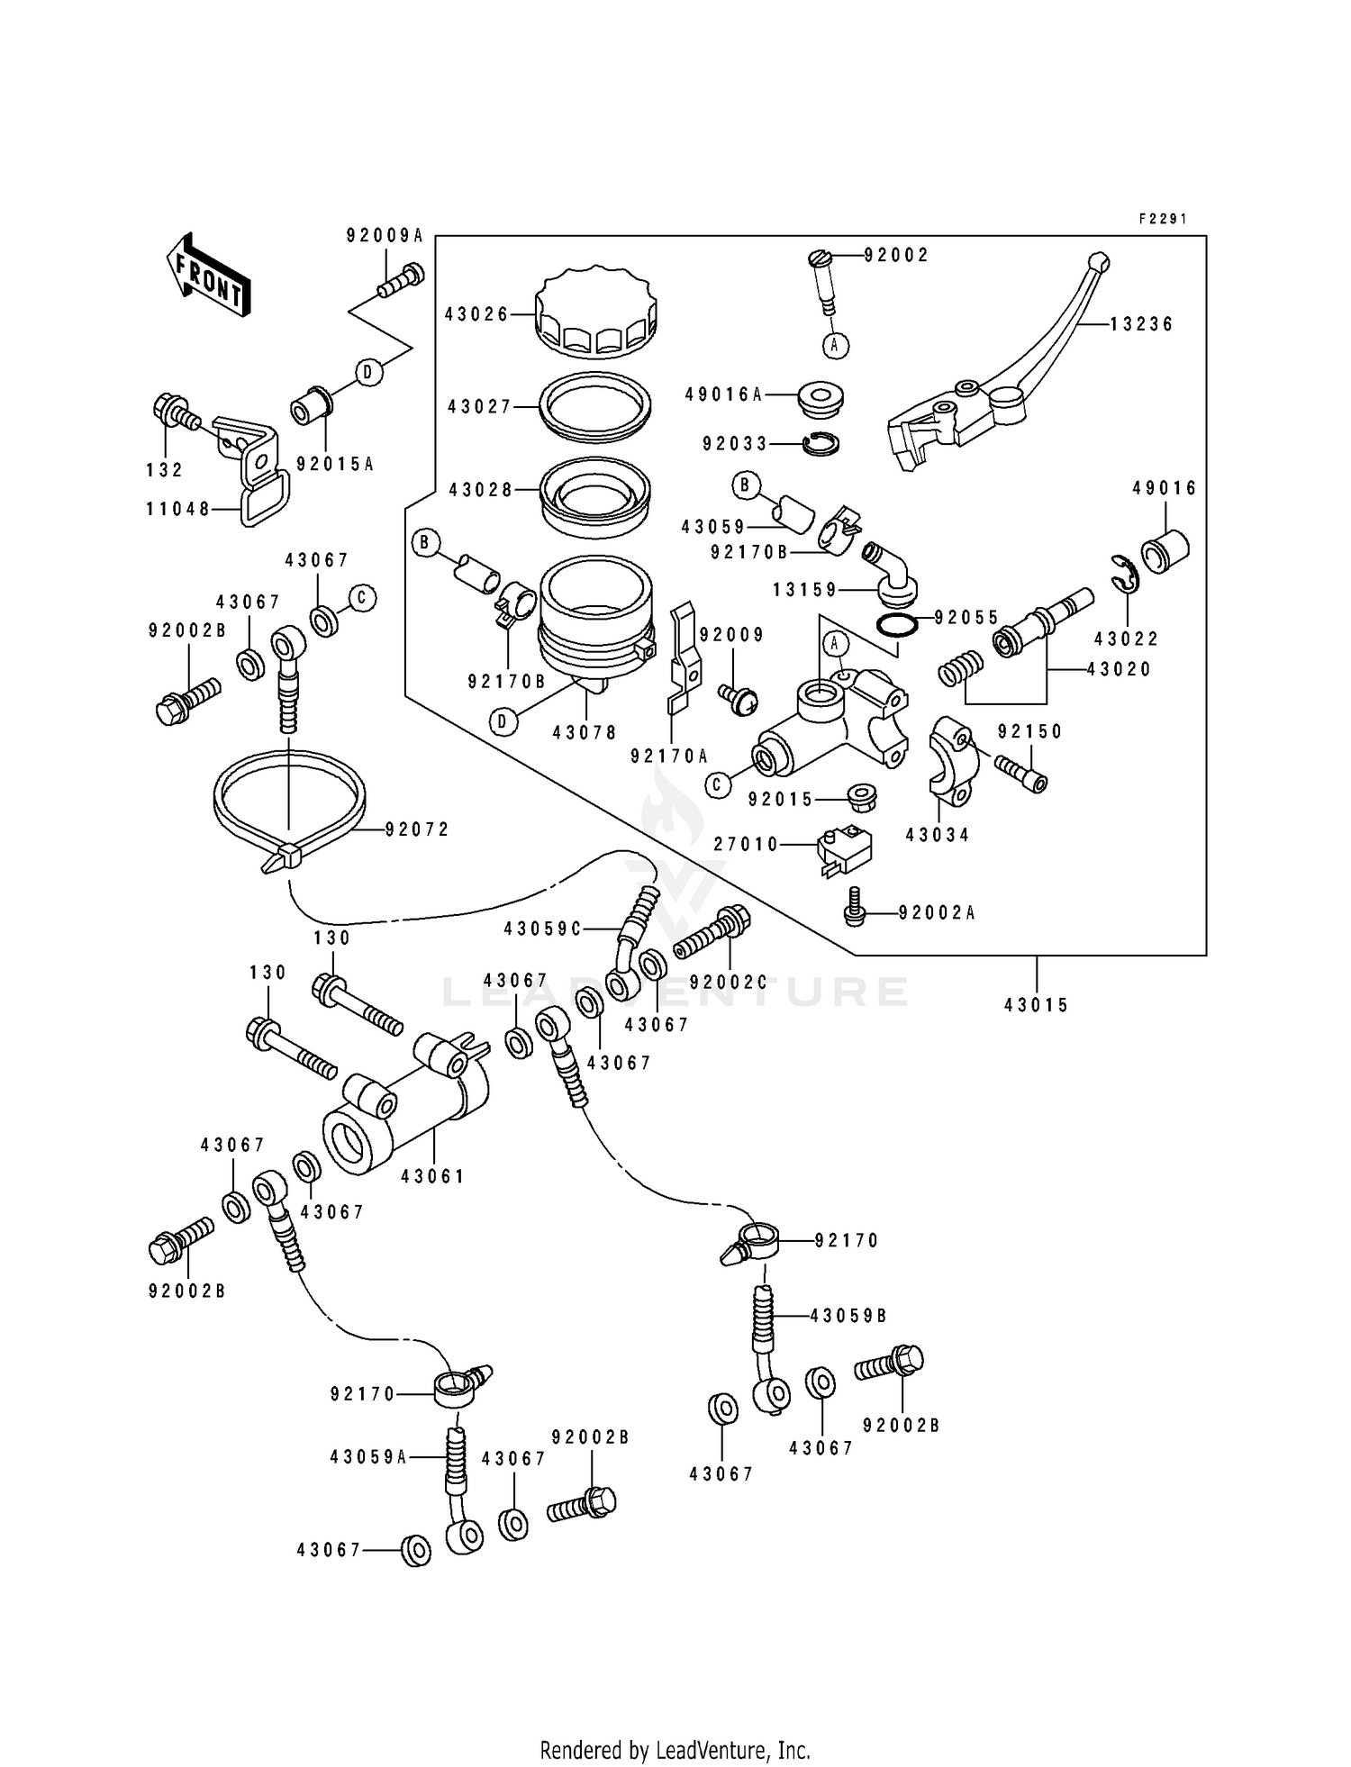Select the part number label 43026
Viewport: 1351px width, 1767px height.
pyautogui.click(x=476, y=314)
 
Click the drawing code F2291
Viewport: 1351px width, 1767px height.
pyautogui.click(x=1163, y=219)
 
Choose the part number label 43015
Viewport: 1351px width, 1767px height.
pyautogui.click(x=1037, y=1005)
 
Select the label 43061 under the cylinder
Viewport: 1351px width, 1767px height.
pyautogui.click(x=433, y=1176)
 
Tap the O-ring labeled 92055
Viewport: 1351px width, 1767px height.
pyautogui.click(x=896, y=625)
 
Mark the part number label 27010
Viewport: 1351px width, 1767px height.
pyautogui.click(x=746, y=844)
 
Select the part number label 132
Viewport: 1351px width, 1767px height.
pyautogui.click(x=165, y=469)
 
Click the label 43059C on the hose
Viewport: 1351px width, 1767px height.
pyautogui.click(x=542, y=929)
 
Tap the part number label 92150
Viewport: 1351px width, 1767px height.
pyautogui.click(x=1030, y=731)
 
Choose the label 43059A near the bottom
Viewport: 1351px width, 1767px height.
pyautogui.click(x=368, y=1456)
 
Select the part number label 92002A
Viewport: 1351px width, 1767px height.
pyautogui.click(x=938, y=912)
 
